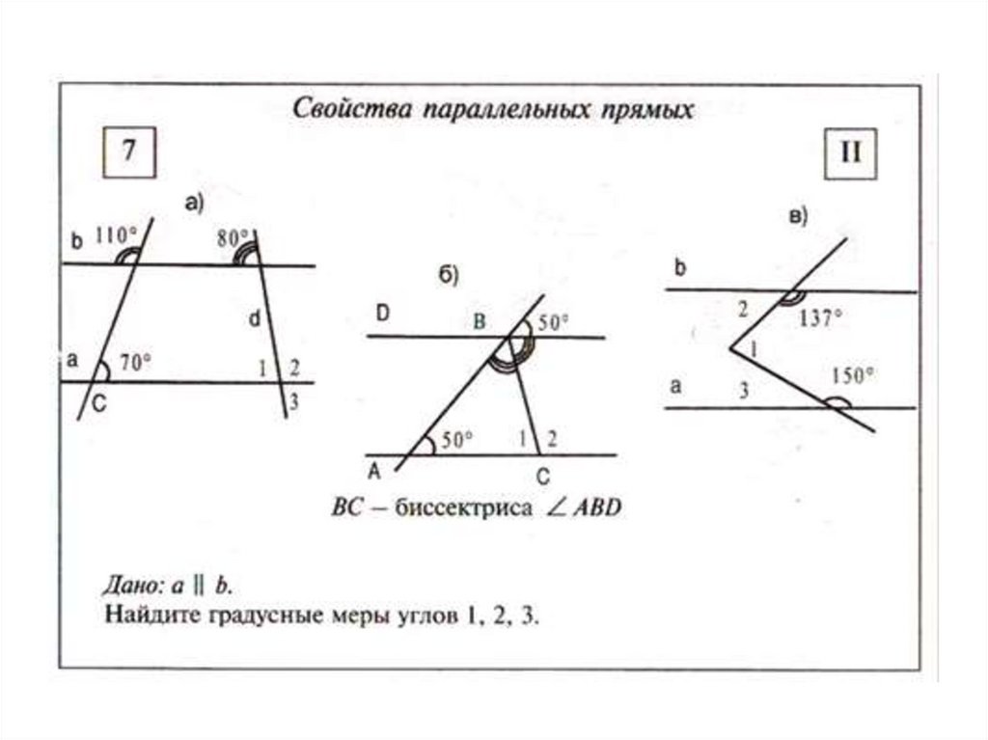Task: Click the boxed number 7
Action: [x=129, y=153]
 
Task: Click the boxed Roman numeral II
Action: [x=849, y=153]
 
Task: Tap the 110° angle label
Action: [x=115, y=233]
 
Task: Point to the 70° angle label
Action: [x=136, y=363]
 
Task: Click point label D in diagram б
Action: [x=384, y=313]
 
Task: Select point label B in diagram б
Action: [x=479, y=322]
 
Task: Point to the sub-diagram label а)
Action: [x=193, y=203]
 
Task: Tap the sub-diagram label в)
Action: [x=798, y=217]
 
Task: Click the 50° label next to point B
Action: [x=553, y=323]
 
